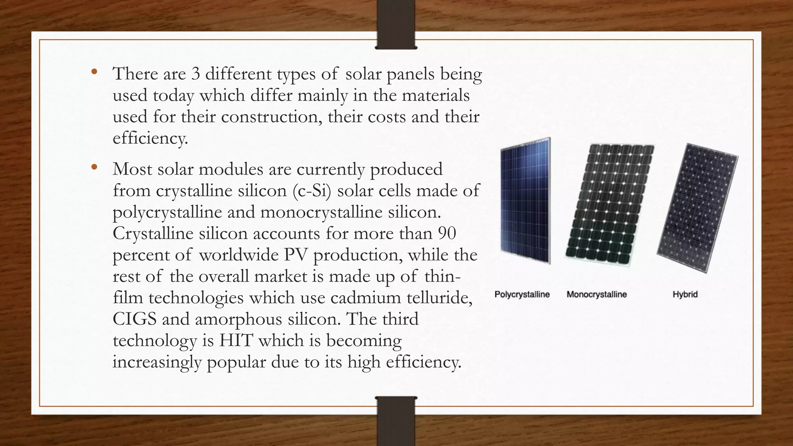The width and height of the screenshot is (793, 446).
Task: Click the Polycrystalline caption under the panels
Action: coord(522,295)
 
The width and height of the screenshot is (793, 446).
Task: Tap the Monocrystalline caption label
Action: coord(596,295)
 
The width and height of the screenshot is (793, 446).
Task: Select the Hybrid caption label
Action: coord(685,295)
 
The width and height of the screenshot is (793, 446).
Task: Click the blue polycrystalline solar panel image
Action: coord(525,201)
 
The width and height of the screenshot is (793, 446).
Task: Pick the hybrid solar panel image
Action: coord(697,208)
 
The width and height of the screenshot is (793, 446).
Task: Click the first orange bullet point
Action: coord(94,72)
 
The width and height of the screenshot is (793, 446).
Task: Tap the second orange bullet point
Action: coord(94,167)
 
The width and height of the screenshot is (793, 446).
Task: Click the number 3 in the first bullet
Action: coord(196,74)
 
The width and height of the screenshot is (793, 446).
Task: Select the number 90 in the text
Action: coord(447,233)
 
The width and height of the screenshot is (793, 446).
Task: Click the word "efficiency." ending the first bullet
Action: coord(150,138)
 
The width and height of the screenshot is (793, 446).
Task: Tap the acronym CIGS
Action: coord(135,319)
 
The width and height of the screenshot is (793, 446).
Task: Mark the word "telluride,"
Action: coord(439,298)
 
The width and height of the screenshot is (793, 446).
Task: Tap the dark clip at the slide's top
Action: coord(396,24)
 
